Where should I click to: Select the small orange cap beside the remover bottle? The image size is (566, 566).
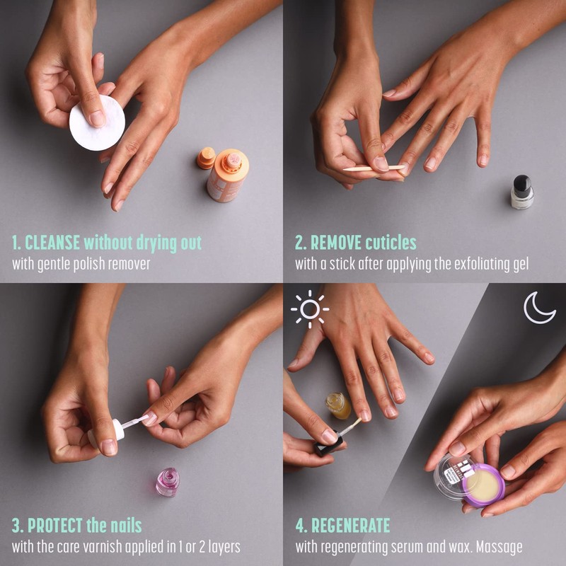[206, 158]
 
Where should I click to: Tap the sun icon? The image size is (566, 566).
[309, 309]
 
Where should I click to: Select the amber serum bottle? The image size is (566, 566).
[339, 405]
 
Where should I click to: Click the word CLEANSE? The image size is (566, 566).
[52, 243]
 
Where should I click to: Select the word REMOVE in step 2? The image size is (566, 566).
[336, 243]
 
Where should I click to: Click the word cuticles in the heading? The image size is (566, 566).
[391, 243]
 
